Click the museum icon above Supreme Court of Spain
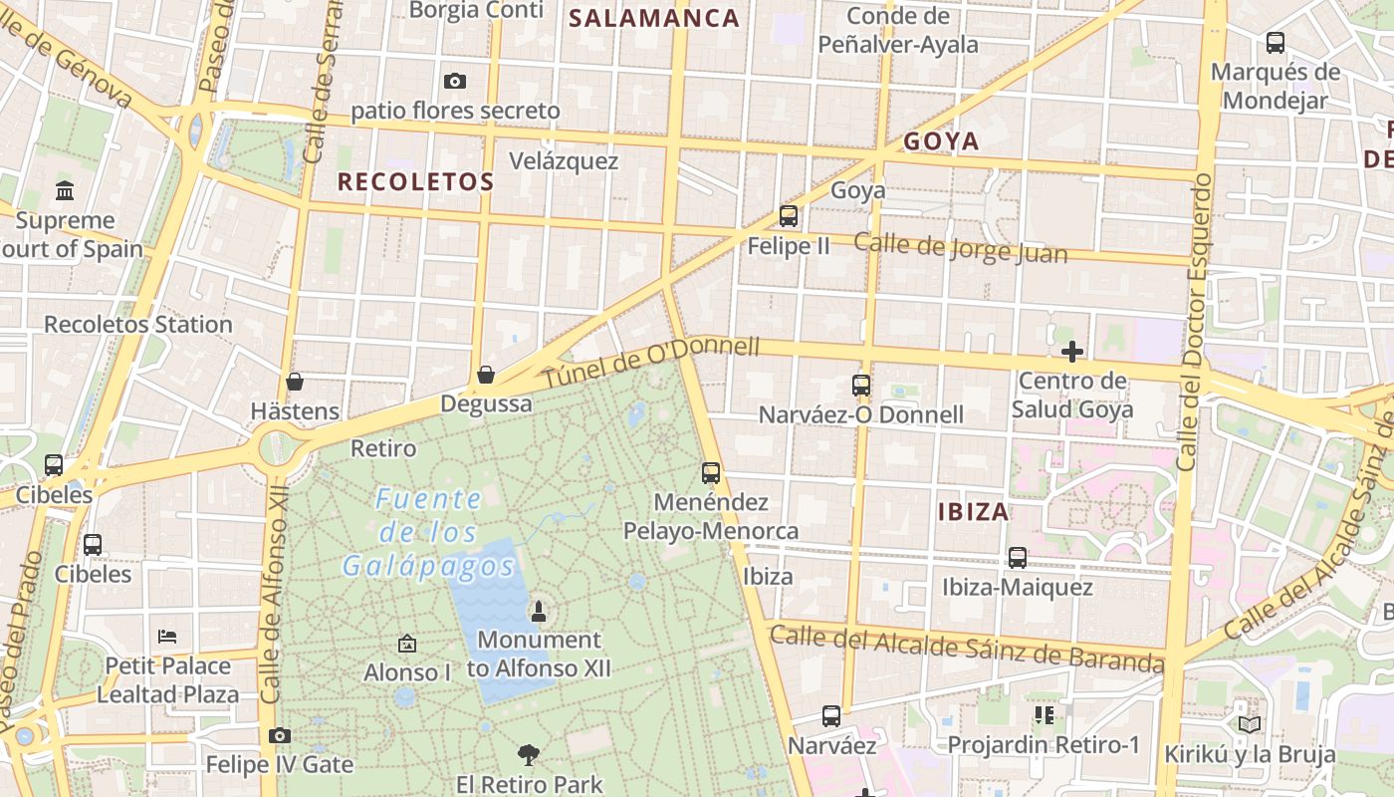pos(65,189)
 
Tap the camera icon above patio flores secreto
pos(455,81)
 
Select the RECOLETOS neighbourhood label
pos(415,181)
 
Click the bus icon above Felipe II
pos(789,215)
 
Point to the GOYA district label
pos(941,141)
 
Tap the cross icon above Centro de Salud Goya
pos(1072,351)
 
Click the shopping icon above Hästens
pos(295,382)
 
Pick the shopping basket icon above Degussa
pos(486,375)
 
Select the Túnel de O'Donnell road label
pos(652,365)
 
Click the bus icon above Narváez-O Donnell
pos(861,385)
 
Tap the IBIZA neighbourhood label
pos(973,512)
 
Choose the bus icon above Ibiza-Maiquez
pos(1018,558)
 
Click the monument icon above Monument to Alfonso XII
pos(539,611)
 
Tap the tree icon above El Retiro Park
pos(529,755)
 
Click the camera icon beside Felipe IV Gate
pos(280,735)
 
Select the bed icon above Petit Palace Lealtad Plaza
pos(167,636)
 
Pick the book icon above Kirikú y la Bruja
pos(1250,724)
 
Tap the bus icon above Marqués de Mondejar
pos(1276,43)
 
